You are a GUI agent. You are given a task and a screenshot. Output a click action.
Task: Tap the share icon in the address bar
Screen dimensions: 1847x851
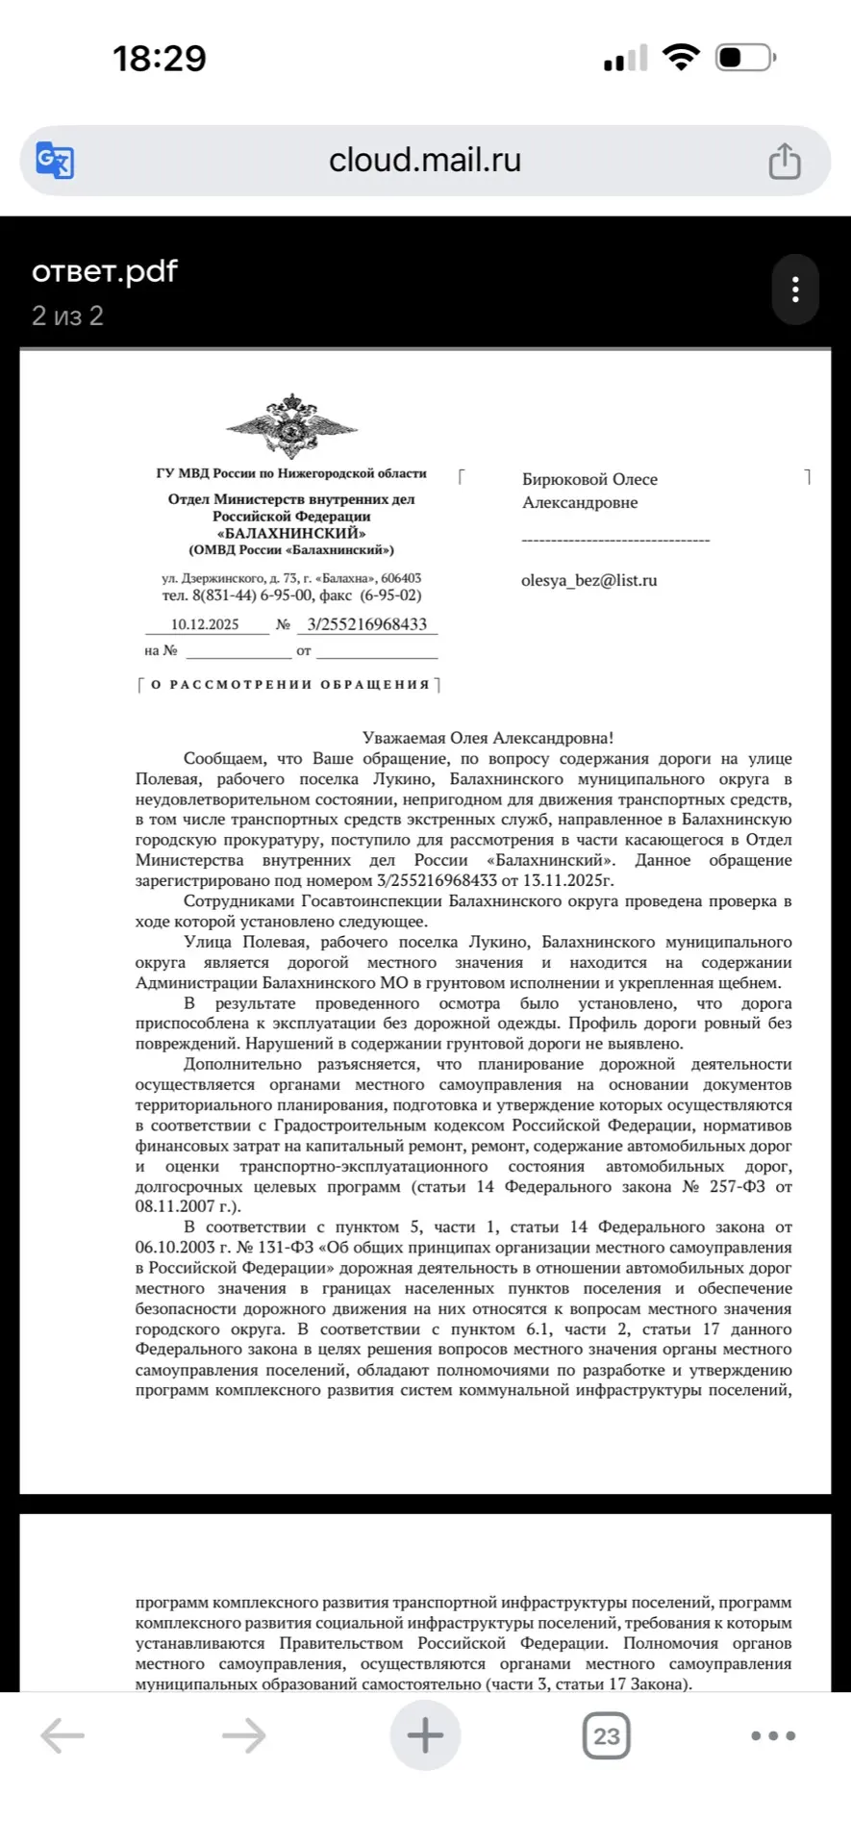785,161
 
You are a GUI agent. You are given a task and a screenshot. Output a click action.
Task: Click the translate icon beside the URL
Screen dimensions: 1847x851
55,161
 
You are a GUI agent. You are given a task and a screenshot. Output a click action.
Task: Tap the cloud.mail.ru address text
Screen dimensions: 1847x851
425,160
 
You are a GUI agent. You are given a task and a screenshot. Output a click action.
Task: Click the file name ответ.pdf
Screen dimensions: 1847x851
105,271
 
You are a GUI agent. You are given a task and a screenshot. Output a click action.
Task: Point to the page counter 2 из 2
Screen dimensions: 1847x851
67,316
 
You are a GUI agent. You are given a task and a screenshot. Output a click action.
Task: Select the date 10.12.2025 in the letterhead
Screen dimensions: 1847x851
205,624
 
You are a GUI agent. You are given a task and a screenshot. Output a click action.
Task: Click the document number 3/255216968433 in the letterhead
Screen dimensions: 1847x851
366,624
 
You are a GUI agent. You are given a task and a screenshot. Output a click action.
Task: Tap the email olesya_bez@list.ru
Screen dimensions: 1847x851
588,580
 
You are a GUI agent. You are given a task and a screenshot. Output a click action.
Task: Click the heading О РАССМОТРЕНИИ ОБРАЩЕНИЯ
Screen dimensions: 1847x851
289,685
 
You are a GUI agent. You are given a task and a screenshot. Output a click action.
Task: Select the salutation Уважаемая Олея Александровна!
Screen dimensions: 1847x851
488,738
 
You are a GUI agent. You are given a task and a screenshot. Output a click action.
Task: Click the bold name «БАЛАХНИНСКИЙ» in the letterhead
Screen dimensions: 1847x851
291,533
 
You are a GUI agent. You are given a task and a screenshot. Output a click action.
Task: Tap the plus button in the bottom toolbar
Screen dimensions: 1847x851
425,1735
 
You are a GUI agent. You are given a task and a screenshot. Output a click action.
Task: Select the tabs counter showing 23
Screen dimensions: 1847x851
606,1735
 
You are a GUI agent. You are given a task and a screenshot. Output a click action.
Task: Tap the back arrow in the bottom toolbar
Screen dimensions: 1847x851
63,1735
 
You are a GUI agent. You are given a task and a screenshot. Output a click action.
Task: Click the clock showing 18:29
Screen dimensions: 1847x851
160,59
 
